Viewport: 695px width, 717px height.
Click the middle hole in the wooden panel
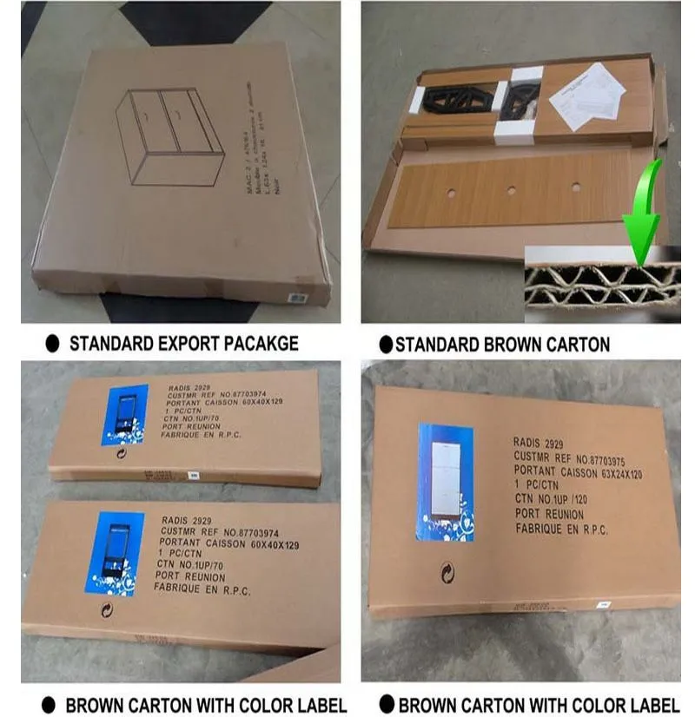(511, 189)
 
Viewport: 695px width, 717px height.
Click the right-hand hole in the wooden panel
(576, 186)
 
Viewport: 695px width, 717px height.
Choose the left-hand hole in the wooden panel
(448, 194)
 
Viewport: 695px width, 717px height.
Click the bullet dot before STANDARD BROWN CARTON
(386, 345)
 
